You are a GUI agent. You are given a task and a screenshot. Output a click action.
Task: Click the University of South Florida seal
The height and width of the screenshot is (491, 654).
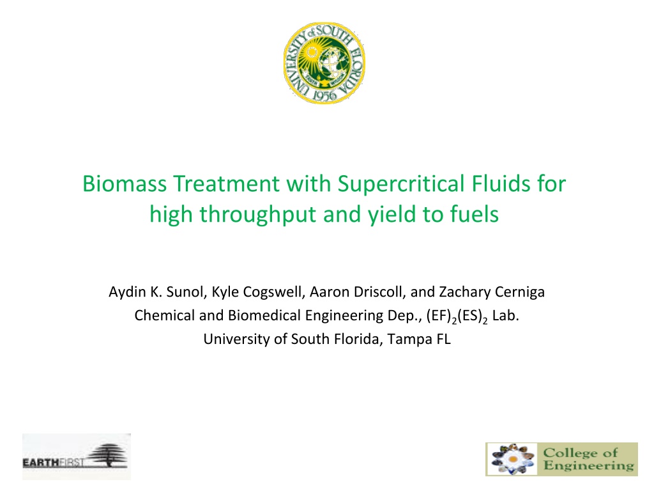coord(324,63)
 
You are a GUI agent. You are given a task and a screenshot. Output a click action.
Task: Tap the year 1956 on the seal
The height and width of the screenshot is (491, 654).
coord(324,96)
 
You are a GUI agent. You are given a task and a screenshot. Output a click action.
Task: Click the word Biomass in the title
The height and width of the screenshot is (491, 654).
coord(125,183)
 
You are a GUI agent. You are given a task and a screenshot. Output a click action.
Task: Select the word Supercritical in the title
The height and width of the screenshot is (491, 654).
coord(401,184)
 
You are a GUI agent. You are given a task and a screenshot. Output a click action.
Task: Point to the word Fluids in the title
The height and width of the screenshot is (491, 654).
coord(502,183)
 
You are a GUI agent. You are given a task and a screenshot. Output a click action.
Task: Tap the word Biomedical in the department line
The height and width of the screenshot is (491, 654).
coord(264,315)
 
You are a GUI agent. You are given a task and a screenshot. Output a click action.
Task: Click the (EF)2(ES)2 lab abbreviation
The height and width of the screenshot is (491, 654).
coord(457,316)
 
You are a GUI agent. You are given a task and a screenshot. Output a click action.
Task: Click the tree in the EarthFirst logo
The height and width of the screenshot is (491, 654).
coord(108,455)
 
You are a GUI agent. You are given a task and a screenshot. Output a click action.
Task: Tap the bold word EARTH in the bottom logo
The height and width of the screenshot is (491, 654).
coord(40,462)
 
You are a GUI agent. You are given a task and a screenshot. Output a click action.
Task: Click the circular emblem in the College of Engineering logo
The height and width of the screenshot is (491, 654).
coord(513,459)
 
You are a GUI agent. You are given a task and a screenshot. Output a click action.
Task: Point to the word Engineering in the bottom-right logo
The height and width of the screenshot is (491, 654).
coord(588,466)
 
